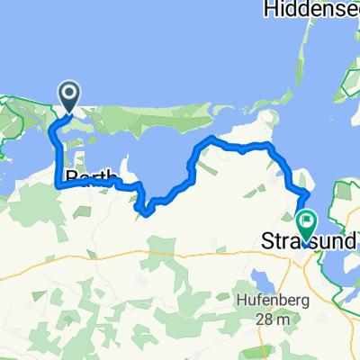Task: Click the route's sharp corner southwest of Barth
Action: click(59, 184)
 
